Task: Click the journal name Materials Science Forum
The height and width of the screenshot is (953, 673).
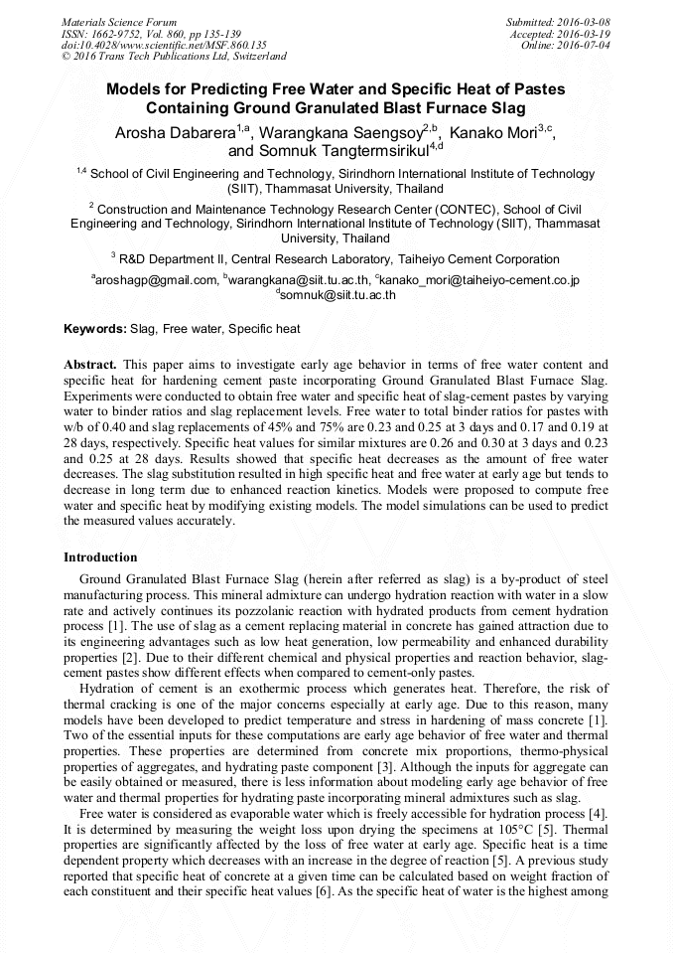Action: tap(119, 22)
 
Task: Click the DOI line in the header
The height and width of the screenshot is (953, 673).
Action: tap(164, 46)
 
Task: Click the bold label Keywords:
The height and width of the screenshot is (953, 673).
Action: tap(95, 328)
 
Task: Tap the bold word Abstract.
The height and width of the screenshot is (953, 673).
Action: tap(90, 365)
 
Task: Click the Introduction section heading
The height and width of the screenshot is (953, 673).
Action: tap(100, 557)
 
